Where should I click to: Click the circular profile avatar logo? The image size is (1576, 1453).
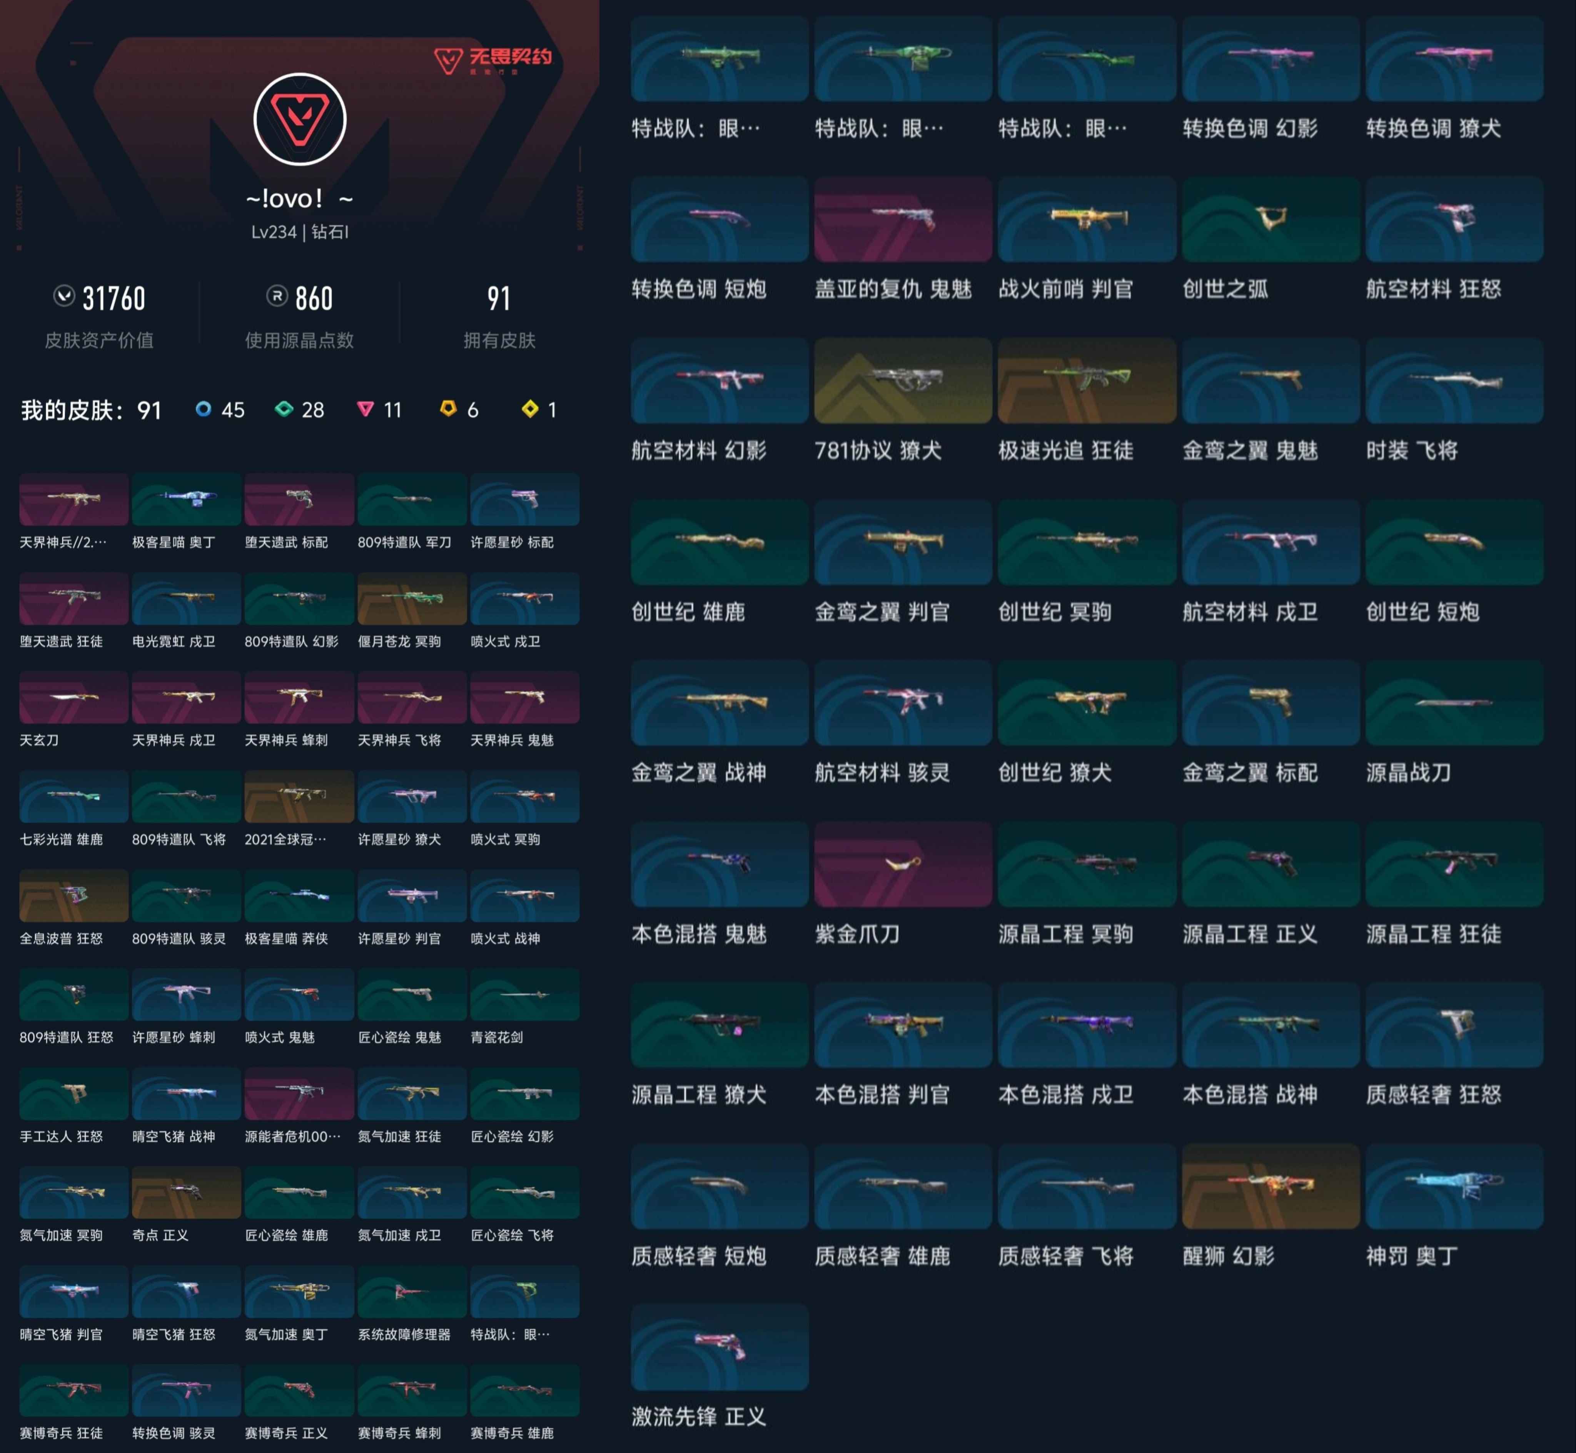300,120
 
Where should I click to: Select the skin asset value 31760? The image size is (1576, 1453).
114,299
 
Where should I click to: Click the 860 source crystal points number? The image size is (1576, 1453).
314,299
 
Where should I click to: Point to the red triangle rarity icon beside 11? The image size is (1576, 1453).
365,409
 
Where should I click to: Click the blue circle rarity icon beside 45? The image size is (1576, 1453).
203,409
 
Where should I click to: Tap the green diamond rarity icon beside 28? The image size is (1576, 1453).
284,409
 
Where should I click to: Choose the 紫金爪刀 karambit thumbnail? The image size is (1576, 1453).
903,864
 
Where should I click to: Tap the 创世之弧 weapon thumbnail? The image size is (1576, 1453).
1270,218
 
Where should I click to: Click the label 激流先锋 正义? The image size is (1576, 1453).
698,1417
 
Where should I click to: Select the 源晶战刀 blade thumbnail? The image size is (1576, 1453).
1454,703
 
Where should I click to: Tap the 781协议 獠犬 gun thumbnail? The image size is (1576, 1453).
903,380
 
